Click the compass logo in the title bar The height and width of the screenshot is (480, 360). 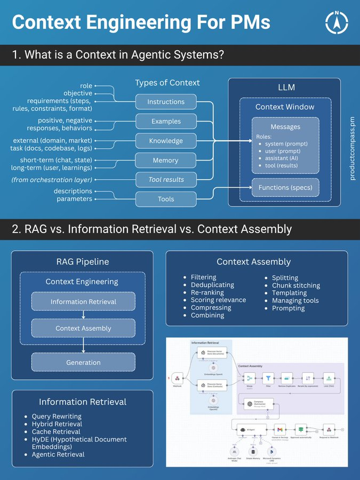[337, 22]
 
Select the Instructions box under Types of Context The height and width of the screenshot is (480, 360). [166, 101]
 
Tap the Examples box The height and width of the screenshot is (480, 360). [166, 121]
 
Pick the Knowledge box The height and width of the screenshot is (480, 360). [166, 141]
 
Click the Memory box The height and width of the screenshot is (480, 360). [166, 160]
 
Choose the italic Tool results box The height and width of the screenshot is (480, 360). [166, 180]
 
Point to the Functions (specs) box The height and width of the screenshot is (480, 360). [285, 188]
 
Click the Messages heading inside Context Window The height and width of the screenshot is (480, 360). [285, 127]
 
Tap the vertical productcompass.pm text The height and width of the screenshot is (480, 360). [352, 149]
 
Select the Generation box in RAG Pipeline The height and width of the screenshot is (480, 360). [83, 362]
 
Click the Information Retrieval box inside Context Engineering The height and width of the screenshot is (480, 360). [83, 301]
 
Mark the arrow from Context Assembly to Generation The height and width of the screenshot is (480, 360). [83, 345]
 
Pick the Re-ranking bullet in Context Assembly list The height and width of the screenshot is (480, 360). [207, 292]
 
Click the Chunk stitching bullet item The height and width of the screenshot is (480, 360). [296, 285]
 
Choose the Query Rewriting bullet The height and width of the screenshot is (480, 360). [57, 417]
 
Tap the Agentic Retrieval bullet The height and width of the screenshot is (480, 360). [58, 454]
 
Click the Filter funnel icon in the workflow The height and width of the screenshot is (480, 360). [269, 378]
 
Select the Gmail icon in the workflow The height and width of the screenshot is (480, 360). [279, 429]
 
